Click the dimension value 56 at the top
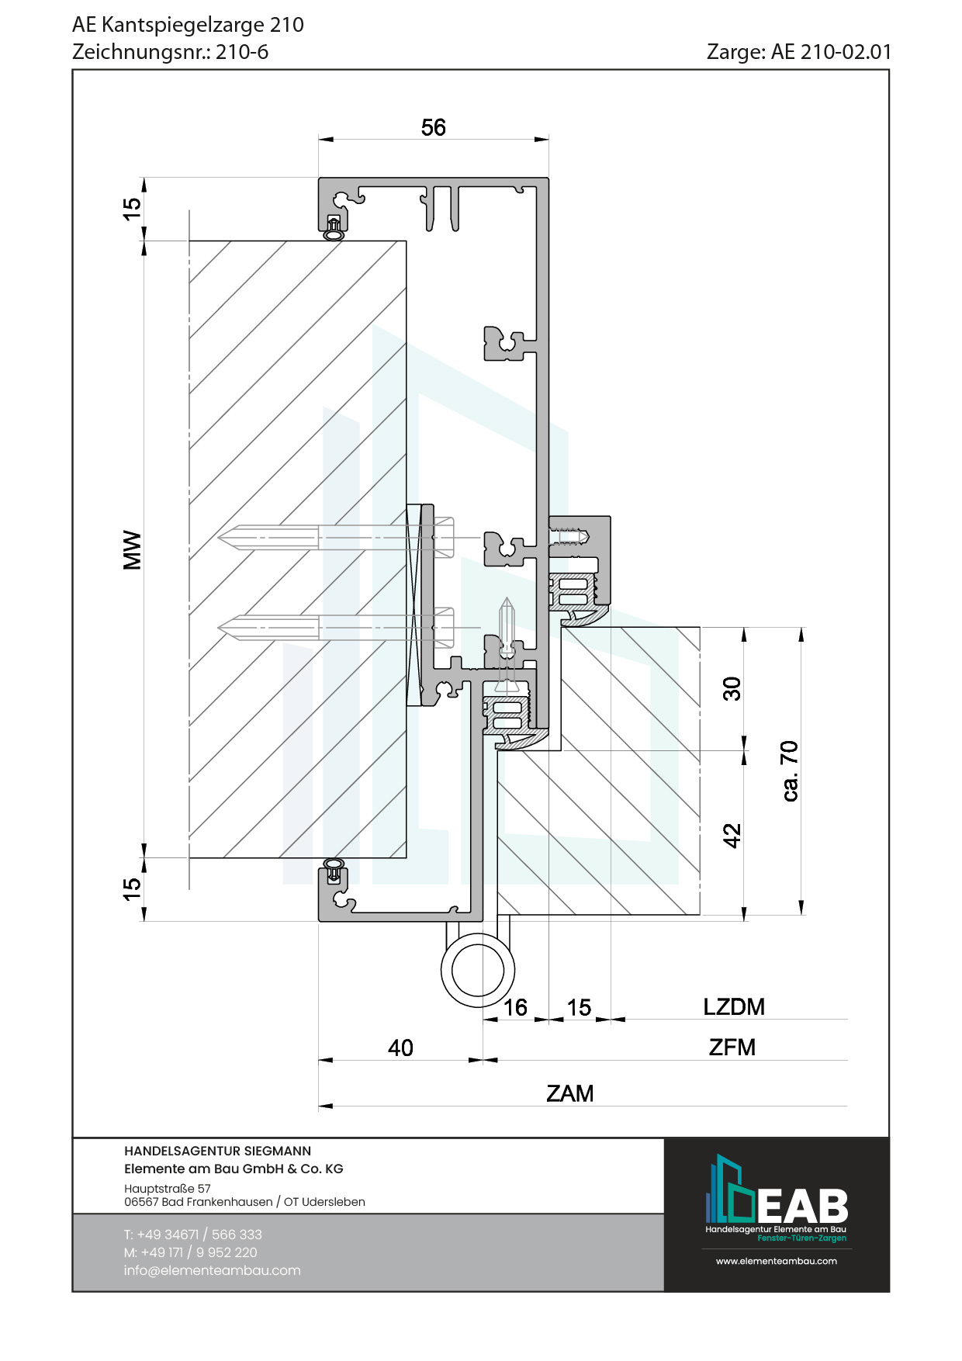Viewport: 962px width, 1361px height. point(433,127)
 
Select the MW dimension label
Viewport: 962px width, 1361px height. point(133,550)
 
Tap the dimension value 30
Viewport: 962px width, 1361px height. point(732,688)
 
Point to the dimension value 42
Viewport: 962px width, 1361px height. point(732,835)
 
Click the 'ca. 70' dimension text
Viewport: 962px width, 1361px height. point(789,771)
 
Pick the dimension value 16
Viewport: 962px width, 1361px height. point(515,1007)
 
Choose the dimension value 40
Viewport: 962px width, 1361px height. point(400,1048)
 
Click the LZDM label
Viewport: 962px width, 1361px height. point(733,1006)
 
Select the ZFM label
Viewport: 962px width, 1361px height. point(732,1047)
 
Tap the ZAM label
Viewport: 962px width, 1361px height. point(569,1093)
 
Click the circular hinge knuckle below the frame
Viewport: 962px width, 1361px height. point(478,970)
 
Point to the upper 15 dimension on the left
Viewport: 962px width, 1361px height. point(132,208)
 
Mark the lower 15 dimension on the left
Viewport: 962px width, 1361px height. point(132,888)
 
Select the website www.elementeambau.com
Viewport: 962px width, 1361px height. point(776,1261)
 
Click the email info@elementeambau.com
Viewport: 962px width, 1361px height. point(212,1270)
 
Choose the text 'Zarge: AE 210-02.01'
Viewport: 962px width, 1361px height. point(798,52)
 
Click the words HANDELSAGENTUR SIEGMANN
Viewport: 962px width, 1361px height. point(217,1151)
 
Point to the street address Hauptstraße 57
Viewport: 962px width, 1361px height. point(167,1188)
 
